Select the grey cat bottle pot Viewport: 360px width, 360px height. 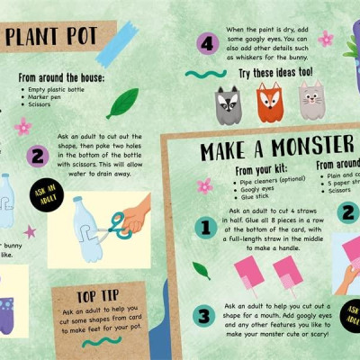click(x=310, y=102)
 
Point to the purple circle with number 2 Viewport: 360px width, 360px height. click(x=38, y=155)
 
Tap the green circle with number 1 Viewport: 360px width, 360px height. click(x=206, y=229)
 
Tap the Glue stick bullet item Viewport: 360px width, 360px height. click(x=255, y=199)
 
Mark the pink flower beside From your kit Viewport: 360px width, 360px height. click(x=205, y=186)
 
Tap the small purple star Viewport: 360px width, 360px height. click(x=30, y=231)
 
